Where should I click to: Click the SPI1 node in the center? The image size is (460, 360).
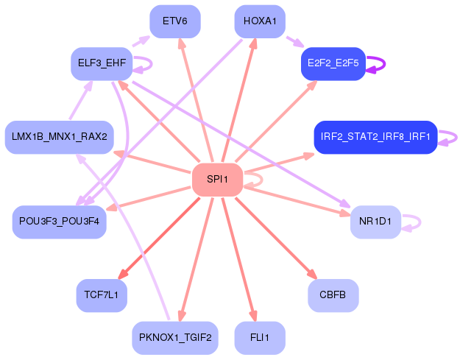click(x=217, y=180)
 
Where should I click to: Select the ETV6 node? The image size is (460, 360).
click(x=175, y=21)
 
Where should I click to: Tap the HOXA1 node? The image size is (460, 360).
click(x=260, y=21)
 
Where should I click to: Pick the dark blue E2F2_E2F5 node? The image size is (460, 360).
click(x=333, y=63)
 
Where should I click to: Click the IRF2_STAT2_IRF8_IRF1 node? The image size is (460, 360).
click(x=375, y=137)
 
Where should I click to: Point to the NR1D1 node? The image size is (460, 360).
click(x=375, y=222)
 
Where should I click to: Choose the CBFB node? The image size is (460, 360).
click(x=333, y=295)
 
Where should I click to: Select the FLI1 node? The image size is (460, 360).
click(x=260, y=338)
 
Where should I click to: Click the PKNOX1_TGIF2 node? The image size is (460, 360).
click(x=175, y=338)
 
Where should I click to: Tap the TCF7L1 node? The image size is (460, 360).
click(x=102, y=295)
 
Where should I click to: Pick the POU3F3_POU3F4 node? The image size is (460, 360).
click(x=60, y=222)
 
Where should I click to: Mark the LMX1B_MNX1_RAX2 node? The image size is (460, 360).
click(x=60, y=137)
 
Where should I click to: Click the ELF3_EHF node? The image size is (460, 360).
click(x=102, y=63)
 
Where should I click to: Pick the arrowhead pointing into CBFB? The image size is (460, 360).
click(x=313, y=275)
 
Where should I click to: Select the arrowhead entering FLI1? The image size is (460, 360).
click(x=254, y=316)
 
